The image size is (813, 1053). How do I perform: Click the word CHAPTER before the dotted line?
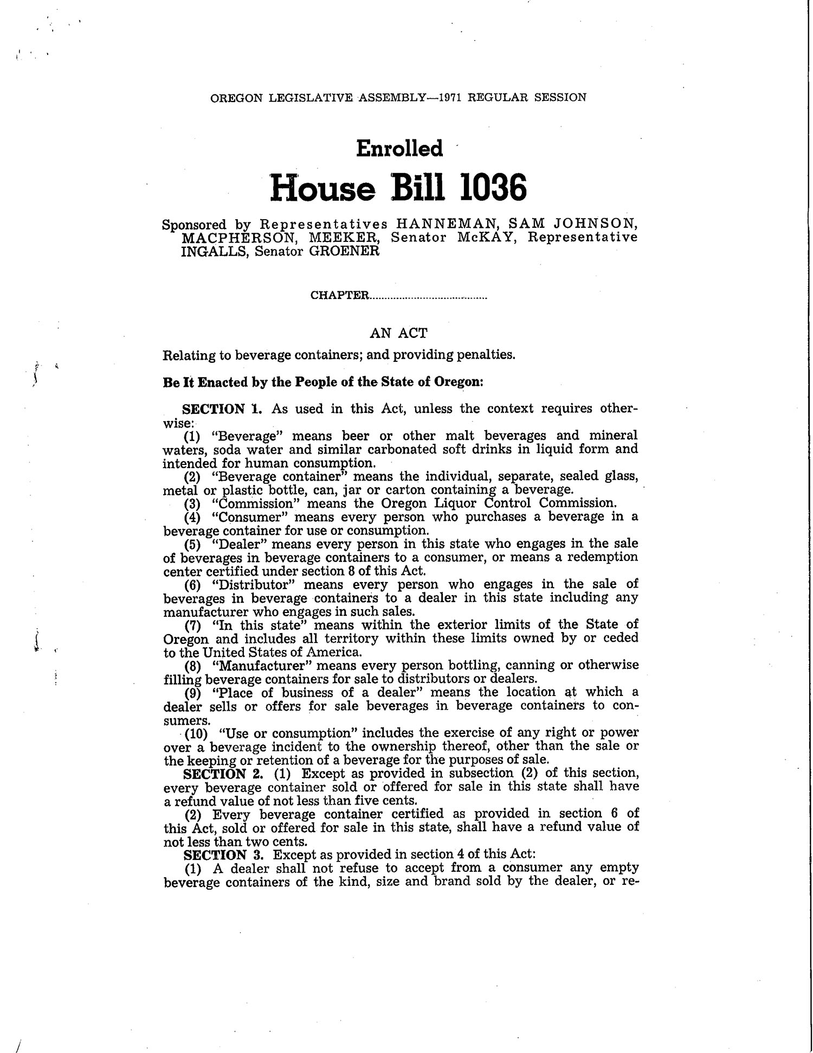click(x=339, y=296)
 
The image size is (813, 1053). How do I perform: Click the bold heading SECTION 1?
click(x=222, y=409)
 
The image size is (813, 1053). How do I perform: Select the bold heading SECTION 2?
click(x=223, y=773)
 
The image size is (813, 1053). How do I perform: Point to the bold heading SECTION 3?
click(x=223, y=854)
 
